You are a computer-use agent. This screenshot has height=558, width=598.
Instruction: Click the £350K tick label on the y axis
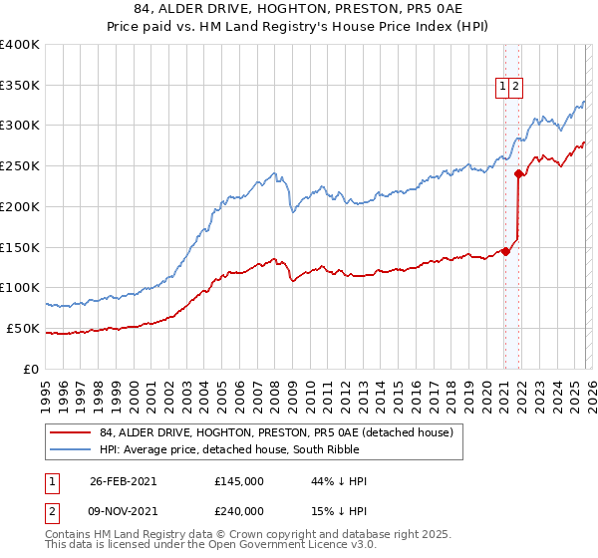point(20,86)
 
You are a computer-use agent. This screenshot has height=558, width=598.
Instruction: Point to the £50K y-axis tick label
point(23,328)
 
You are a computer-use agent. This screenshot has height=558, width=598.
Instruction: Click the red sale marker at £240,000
point(519,173)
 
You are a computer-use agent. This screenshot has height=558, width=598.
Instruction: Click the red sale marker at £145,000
point(506,251)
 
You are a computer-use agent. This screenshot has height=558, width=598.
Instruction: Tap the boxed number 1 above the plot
point(503,87)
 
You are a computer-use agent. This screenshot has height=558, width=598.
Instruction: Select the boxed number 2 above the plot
point(516,87)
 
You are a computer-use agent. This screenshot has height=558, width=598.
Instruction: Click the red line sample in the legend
point(70,432)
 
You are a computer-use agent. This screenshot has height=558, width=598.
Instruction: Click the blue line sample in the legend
point(70,449)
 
